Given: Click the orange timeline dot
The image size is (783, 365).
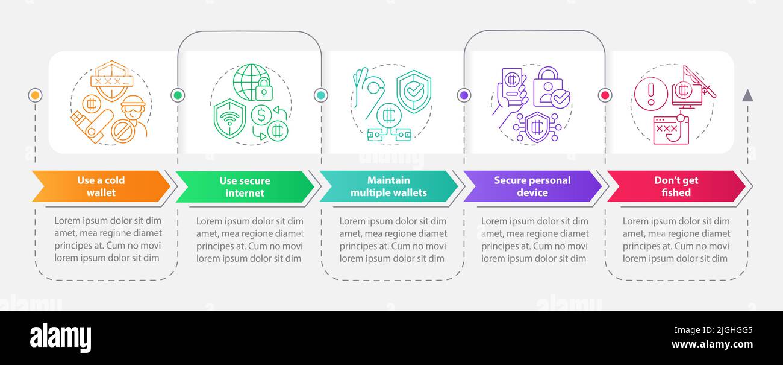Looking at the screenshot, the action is [x=35, y=95].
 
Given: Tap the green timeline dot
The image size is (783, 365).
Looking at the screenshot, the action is [x=178, y=95].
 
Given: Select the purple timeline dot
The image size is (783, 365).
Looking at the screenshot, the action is [x=464, y=95].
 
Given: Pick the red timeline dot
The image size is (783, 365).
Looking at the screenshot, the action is [x=605, y=95].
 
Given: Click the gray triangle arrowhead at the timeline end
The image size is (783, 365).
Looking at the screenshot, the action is [x=747, y=96].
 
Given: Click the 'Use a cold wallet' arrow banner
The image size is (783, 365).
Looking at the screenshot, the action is [x=101, y=186].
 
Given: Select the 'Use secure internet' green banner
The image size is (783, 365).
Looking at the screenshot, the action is [x=245, y=186].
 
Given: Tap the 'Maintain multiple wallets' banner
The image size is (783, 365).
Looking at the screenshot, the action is [x=388, y=186].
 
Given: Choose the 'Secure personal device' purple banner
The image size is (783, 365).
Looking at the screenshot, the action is [x=532, y=186].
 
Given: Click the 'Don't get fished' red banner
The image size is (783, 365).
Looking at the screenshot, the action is [x=676, y=186].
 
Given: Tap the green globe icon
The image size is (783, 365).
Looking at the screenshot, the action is [x=252, y=82].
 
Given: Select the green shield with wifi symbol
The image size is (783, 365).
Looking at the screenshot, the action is [x=229, y=118].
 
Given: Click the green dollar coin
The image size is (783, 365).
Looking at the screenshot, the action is [x=261, y=115].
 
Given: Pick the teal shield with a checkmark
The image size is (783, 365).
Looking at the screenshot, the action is [x=414, y=92].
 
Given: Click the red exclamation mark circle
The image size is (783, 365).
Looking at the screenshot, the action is [x=651, y=94].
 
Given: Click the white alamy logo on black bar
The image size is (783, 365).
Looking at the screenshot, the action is [x=60, y=337].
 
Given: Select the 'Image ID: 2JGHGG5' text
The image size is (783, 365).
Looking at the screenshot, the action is [x=713, y=330].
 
